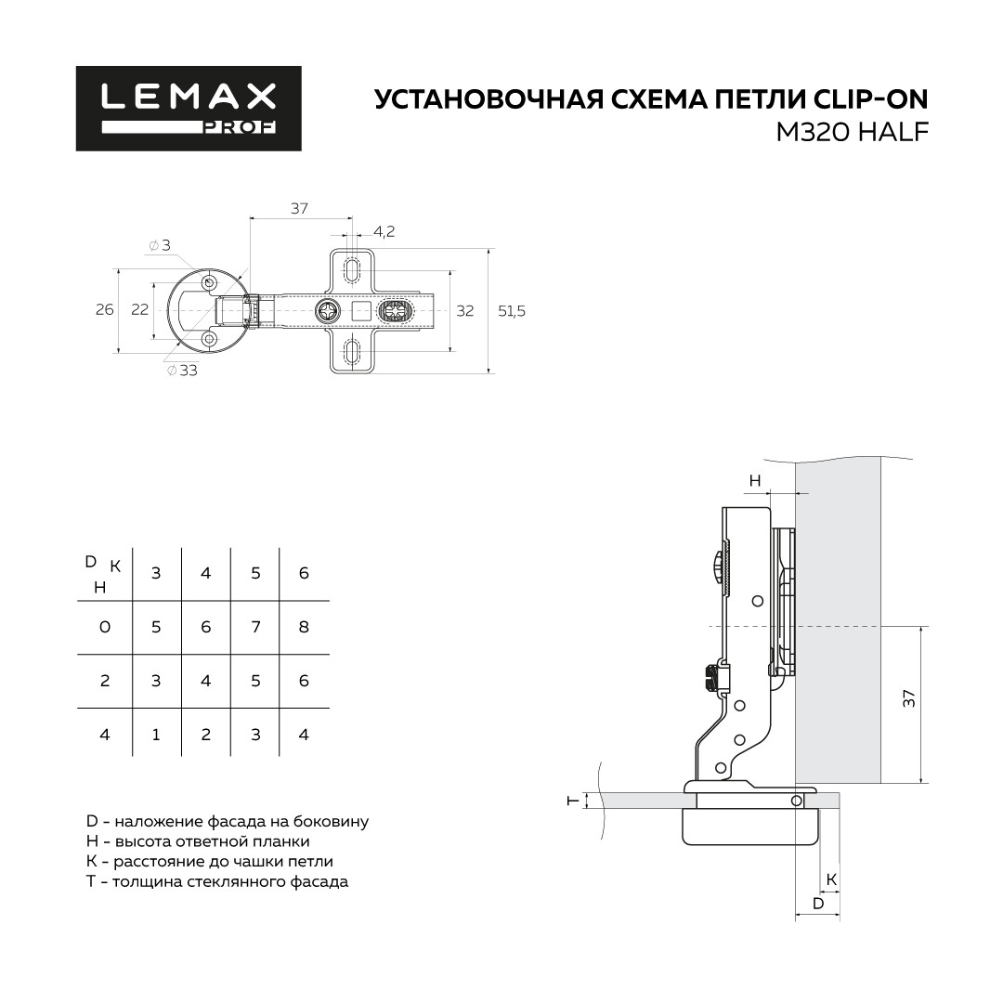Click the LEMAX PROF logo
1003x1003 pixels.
tap(189, 109)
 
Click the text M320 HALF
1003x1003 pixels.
tap(852, 133)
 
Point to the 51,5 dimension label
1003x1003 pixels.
tap(512, 311)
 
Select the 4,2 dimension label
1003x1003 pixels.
tap(384, 231)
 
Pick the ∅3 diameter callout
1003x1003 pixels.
tap(160, 245)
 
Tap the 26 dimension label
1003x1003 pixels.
tap(104, 309)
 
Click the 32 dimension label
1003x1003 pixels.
tap(465, 311)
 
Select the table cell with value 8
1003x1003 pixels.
tap(304, 627)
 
